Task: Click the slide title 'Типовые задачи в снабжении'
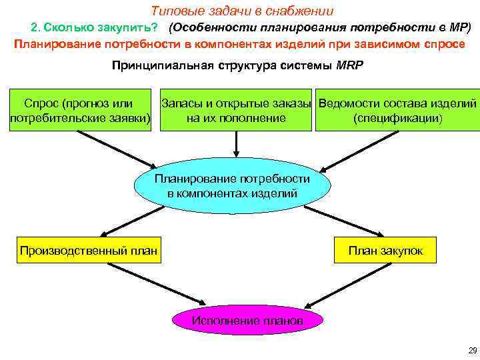point(243,11)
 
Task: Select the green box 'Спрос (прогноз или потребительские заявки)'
point(79,111)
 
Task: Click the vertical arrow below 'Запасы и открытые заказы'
point(235,143)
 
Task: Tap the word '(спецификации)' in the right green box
point(397,118)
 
